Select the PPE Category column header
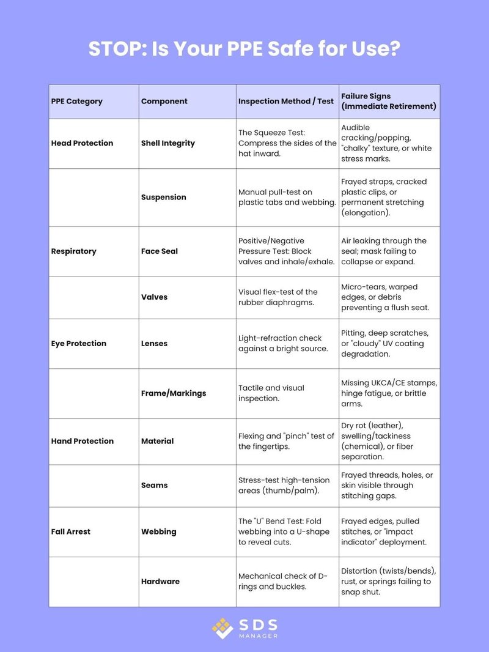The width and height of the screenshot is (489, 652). pos(77,101)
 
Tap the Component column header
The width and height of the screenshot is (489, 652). pos(164,101)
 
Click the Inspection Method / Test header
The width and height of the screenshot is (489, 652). pos(286,101)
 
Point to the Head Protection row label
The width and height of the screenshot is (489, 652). pos(82,143)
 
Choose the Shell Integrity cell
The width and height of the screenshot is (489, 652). pos(168,143)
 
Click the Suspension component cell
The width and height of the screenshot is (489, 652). pos(164,197)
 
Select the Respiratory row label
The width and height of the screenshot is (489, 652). pos(73,251)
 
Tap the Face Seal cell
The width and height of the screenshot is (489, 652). pos(160,251)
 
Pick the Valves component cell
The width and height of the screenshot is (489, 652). pos(154,297)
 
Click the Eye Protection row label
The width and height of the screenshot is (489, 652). pos(78,343)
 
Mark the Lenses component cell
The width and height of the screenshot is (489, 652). pos(155,343)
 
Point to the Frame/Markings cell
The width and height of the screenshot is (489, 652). pos(174,393)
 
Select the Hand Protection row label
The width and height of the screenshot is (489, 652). pos(82,441)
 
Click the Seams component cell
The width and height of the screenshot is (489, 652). pos(154,485)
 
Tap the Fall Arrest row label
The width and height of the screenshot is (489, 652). pos(70,532)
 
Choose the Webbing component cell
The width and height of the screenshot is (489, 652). pos(159,532)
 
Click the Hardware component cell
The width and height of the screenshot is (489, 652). pos(160,581)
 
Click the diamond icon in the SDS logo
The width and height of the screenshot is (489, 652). pos(222,628)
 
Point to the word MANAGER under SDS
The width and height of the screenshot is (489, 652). pos(259,636)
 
